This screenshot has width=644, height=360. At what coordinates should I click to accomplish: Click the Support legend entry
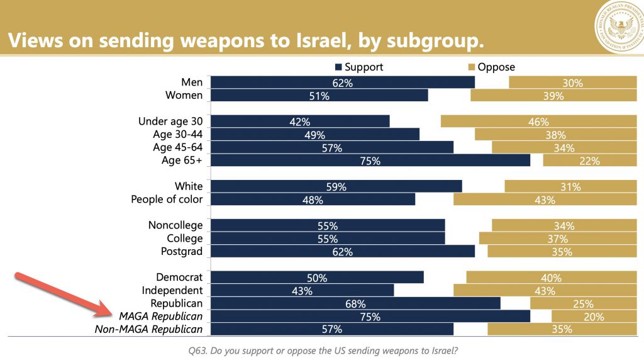click(x=359, y=67)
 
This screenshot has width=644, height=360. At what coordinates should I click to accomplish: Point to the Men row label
click(x=191, y=82)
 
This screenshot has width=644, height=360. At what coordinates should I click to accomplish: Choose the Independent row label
click(x=172, y=291)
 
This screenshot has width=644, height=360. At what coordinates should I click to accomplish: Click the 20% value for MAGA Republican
click(x=593, y=317)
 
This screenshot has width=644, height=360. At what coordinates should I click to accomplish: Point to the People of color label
click(x=167, y=200)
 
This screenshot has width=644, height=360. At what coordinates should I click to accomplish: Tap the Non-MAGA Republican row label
click(x=149, y=329)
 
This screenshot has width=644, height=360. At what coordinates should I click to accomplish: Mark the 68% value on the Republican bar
click(x=355, y=304)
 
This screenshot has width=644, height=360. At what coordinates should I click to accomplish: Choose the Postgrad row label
click(x=182, y=252)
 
